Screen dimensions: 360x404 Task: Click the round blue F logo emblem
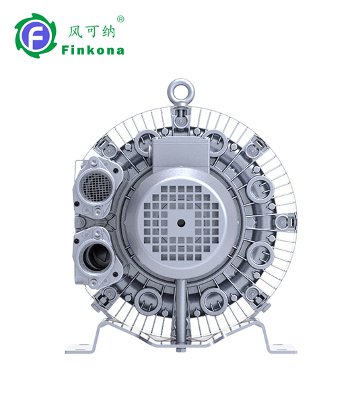(35, 36)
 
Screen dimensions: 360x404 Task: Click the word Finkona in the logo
(93, 50)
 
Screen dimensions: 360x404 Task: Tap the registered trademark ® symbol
(120, 19)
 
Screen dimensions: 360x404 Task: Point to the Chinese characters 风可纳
(91, 32)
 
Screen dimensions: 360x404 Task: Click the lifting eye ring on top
(180, 92)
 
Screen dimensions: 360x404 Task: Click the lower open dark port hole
(94, 257)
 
